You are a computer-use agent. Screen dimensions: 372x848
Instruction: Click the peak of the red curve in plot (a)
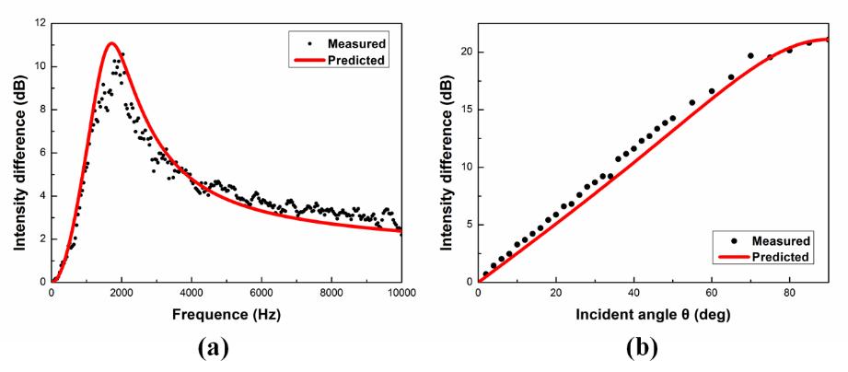[x=110, y=43]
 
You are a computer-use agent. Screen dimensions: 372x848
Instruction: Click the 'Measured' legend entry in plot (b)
[x=780, y=241]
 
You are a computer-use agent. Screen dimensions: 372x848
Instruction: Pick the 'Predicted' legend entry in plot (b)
[x=780, y=257]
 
